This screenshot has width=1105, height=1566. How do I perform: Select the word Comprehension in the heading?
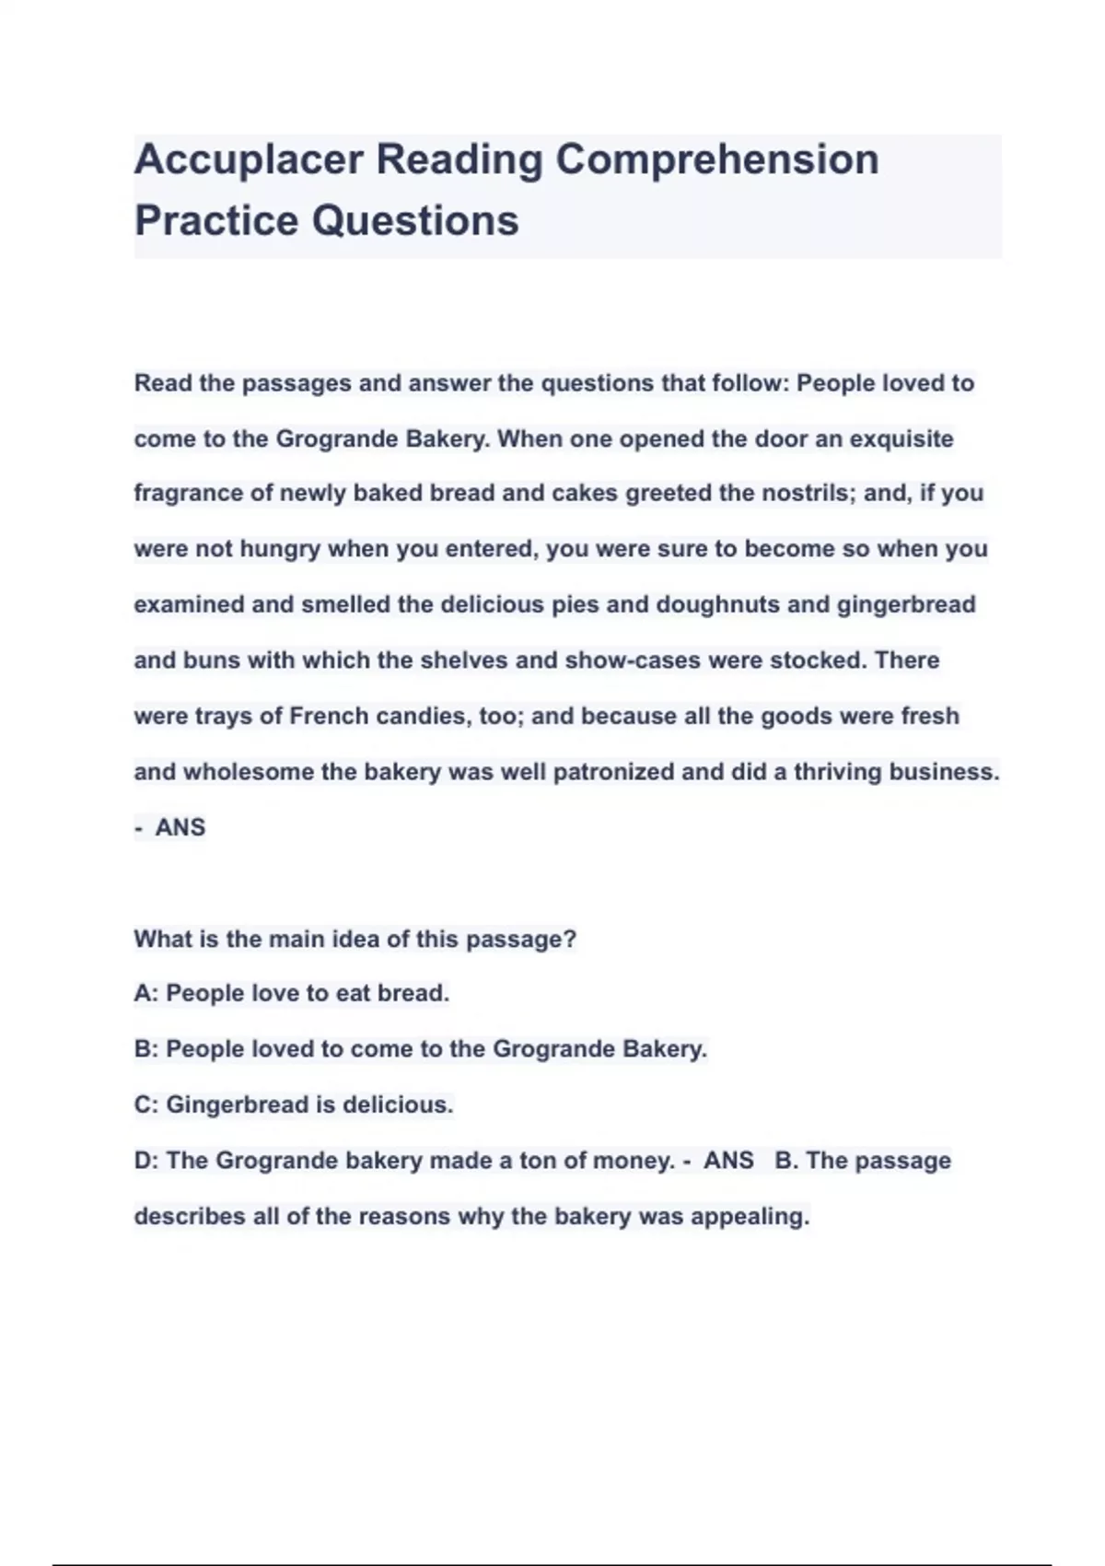(717, 159)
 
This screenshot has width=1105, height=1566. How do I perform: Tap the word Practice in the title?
(215, 220)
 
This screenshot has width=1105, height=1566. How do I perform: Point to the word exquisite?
(901, 438)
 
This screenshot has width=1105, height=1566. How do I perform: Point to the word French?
(329, 716)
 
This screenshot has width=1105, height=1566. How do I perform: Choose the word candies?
(425, 716)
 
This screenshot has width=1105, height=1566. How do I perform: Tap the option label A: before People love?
(146, 994)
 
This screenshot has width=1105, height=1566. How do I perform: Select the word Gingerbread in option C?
(238, 1104)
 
